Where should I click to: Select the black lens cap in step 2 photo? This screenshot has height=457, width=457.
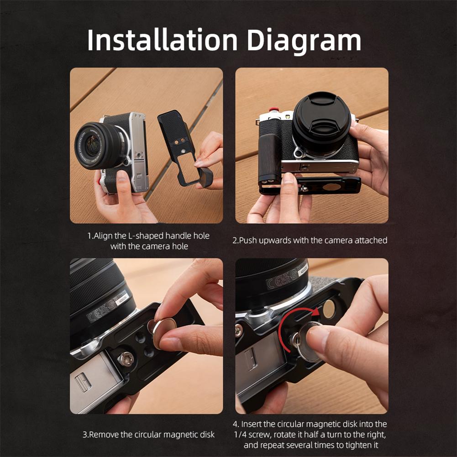(x=321, y=122)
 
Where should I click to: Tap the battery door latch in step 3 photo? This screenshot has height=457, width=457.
(x=83, y=382)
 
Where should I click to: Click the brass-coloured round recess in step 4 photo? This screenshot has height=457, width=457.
(x=329, y=309)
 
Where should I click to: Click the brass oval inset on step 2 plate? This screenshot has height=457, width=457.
(x=332, y=186)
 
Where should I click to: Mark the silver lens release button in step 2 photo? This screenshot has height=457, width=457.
(x=298, y=153)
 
